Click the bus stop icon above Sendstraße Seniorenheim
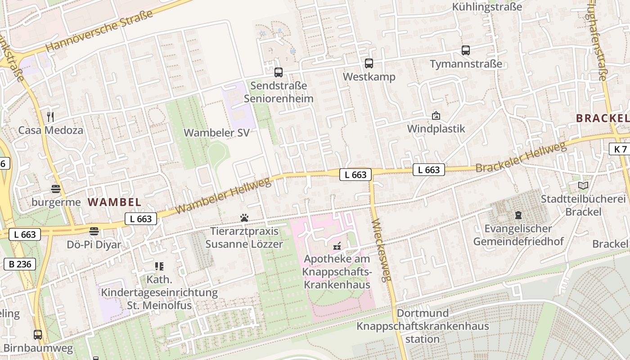point(279,72)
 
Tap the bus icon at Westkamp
point(369,63)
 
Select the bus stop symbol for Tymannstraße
point(466,50)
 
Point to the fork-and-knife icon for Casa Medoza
point(50,117)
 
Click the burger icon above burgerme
point(56,189)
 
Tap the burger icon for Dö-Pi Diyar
point(94,231)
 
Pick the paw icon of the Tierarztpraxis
point(244,218)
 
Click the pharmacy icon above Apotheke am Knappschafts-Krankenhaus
point(337,246)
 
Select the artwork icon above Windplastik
point(436,116)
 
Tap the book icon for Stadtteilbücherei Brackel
point(583,185)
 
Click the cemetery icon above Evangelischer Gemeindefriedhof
point(518,215)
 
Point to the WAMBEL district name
point(114,202)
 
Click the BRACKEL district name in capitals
point(602,118)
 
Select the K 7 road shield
point(620,149)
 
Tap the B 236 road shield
point(20,264)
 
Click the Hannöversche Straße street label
point(99,31)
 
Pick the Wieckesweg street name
point(382,250)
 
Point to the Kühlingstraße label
point(487,7)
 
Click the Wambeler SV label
point(216,133)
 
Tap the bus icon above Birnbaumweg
point(38,335)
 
